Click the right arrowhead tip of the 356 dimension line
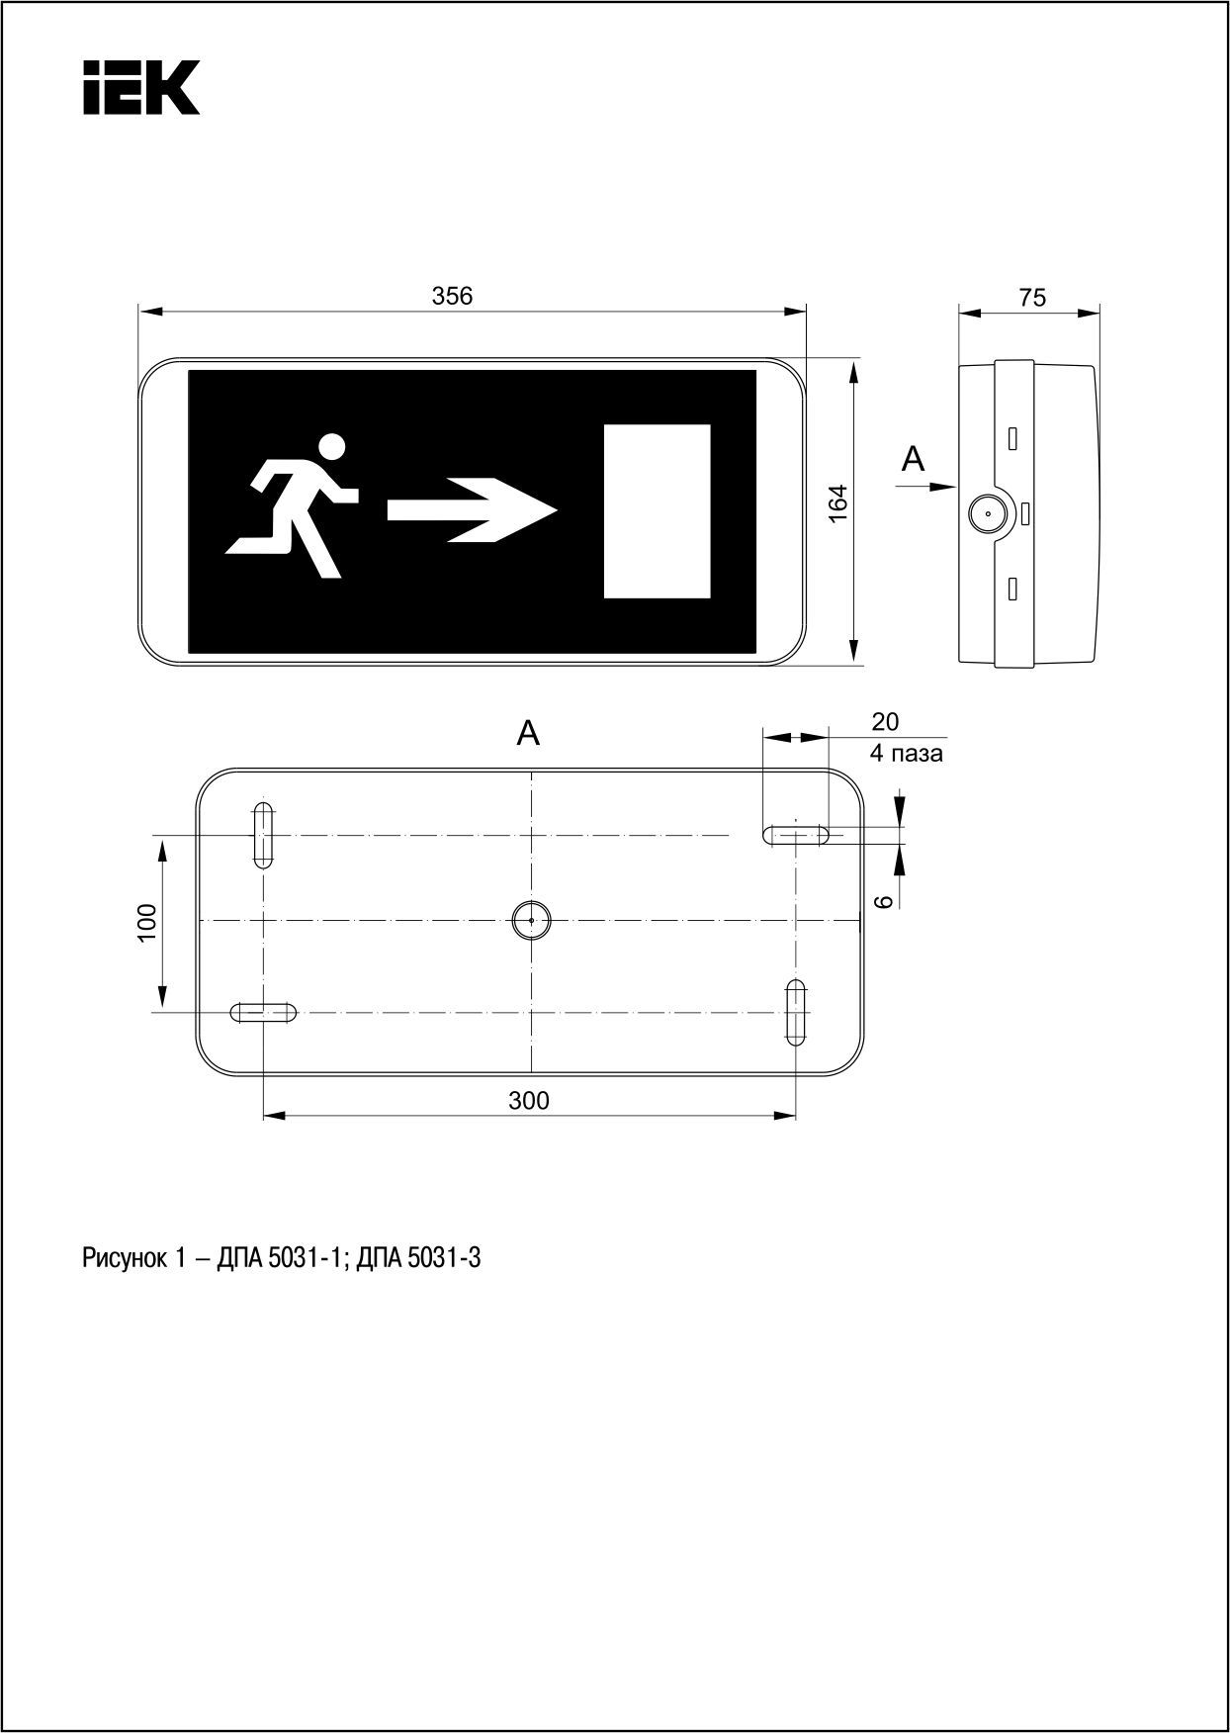[x=807, y=312]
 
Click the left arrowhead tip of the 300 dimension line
[x=263, y=1116]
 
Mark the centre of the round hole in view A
[x=531, y=920]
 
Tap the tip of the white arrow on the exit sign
[x=559, y=510]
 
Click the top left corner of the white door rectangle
[x=604, y=425]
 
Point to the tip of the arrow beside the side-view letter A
[x=957, y=486]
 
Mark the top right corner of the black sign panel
[x=756, y=370]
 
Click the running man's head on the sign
[x=333, y=447]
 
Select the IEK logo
[x=141, y=87]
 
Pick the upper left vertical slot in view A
[x=263, y=835]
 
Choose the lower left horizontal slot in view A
[x=263, y=1012]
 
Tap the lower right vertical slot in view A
[x=796, y=1012]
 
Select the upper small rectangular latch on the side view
[x=1012, y=437]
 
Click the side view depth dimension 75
[x=1031, y=298]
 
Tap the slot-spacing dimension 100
[x=147, y=923]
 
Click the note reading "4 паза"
[x=906, y=754]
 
